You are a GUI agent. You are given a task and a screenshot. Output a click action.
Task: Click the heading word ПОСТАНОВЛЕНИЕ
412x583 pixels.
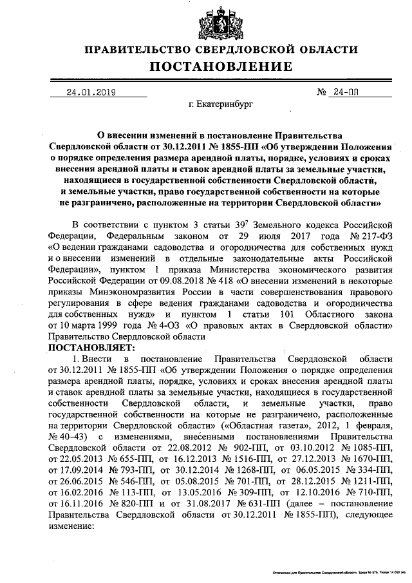[x=221, y=66]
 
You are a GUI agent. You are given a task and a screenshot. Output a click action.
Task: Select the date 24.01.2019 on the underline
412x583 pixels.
[x=91, y=92]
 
